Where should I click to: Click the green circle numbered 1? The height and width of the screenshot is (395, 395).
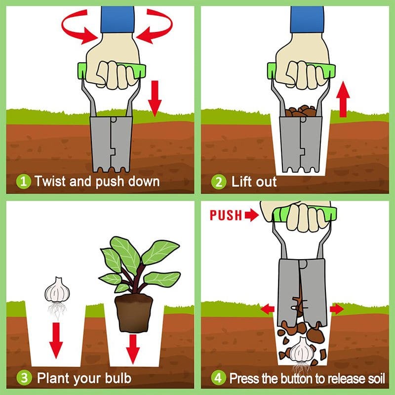23,181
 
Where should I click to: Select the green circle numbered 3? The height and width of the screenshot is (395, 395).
23,379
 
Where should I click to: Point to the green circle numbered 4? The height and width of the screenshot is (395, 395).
219,379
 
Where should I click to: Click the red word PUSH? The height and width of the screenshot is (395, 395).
226,215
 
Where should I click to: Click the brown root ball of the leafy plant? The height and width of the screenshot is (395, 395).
133,313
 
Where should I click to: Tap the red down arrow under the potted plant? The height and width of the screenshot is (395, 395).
132,347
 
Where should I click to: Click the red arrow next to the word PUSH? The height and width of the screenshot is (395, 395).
252,215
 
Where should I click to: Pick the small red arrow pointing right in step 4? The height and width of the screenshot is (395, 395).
337,310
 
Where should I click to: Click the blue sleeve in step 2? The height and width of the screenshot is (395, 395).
307,20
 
